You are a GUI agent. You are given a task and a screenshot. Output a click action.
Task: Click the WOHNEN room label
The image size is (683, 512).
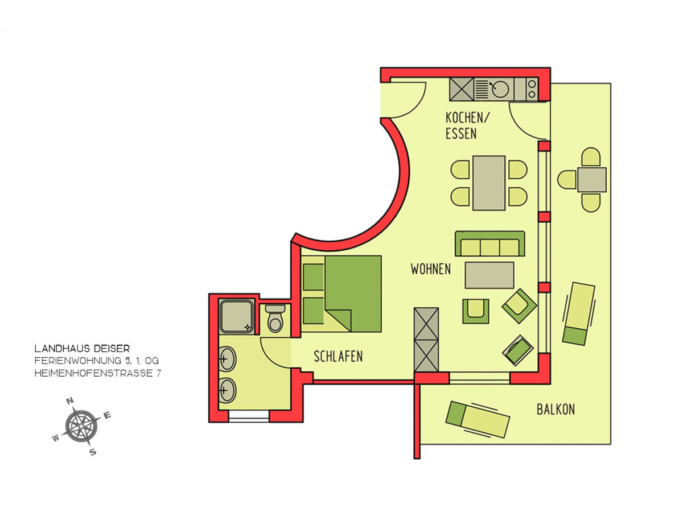(x=430, y=269)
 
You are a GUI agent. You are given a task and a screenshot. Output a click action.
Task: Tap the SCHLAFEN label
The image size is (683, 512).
(x=338, y=356)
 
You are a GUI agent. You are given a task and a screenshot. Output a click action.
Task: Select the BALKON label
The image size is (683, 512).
(x=556, y=410)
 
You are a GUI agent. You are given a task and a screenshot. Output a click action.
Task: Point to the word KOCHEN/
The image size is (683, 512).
(x=467, y=118)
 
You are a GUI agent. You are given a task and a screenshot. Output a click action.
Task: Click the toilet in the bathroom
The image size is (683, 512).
(x=275, y=319)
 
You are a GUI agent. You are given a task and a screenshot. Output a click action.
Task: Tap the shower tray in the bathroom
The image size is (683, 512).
(x=237, y=316)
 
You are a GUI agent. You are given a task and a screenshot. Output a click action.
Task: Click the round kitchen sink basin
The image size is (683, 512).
(x=500, y=89)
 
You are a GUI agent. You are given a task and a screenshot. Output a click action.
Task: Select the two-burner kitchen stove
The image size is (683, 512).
(x=532, y=89)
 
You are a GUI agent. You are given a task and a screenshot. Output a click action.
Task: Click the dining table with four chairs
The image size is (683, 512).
(x=488, y=183)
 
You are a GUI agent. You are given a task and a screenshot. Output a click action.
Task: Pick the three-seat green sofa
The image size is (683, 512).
(x=490, y=243)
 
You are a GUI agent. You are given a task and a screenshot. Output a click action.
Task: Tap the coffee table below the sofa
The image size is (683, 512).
(x=489, y=275)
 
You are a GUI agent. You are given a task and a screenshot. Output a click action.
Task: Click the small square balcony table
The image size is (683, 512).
(x=592, y=180)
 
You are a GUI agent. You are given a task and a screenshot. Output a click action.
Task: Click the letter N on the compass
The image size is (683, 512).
(x=71, y=401)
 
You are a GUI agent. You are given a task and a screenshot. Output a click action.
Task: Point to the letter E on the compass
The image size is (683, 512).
(x=107, y=415)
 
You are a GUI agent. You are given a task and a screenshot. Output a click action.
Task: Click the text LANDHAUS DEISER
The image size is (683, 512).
(x=82, y=349)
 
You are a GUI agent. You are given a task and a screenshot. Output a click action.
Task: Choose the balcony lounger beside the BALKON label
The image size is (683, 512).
(x=478, y=419)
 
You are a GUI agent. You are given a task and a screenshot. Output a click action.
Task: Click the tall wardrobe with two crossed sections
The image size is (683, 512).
(x=426, y=340)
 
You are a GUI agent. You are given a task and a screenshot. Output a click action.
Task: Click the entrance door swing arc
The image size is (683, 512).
(x=416, y=106)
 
